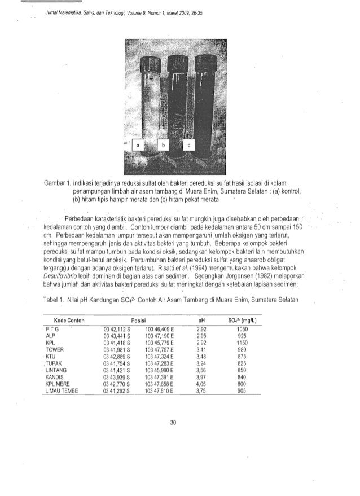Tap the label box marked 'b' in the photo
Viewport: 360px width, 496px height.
(164, 146)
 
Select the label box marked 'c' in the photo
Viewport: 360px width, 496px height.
(188, 146)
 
